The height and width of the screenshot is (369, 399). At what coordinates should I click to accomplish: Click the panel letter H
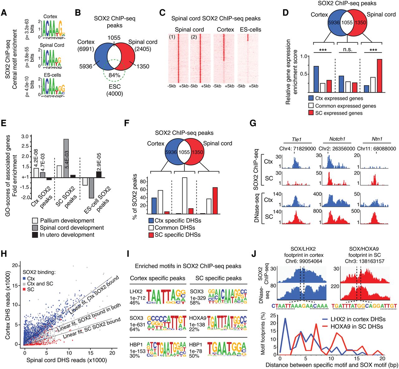coord(4,254)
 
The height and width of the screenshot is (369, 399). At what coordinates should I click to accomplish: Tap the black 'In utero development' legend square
coord(35,235)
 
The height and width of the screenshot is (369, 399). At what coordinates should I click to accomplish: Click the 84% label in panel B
coord(114,76)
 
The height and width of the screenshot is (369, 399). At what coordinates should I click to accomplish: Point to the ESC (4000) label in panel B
coord(114,90)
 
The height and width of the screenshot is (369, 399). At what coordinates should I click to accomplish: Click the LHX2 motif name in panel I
coord(136,292)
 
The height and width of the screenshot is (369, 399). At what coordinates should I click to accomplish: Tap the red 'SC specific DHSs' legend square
coord(151,235)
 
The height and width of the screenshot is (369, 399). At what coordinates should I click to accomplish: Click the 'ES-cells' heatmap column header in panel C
coord(251,30)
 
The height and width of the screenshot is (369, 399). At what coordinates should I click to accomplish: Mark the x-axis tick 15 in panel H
coord(91,353)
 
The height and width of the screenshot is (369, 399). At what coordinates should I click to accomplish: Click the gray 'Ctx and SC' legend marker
coord(25,284)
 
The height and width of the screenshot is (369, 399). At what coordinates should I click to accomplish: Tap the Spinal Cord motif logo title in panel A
coord(52,45)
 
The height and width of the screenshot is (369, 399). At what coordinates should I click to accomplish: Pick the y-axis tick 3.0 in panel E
coord(25,136)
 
